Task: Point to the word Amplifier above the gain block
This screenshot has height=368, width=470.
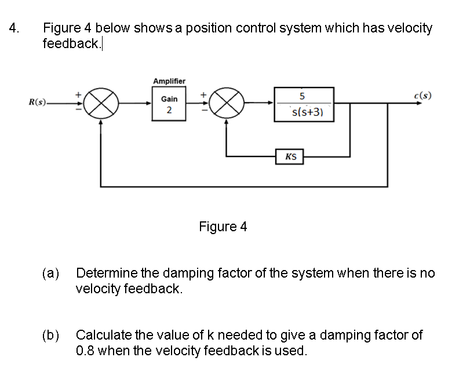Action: coord(169,81)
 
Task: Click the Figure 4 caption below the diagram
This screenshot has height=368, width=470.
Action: coord(223,227)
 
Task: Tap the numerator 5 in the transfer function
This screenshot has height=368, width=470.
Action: coord(304,96)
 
